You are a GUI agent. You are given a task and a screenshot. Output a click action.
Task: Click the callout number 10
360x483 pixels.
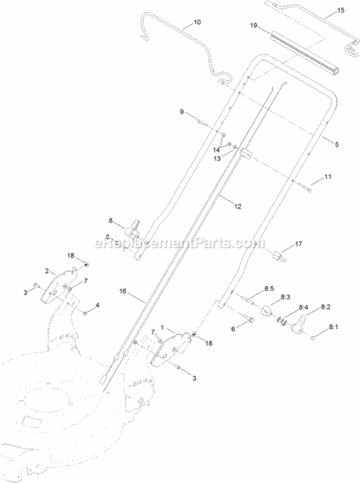pyautogui.click(x=197, y=22)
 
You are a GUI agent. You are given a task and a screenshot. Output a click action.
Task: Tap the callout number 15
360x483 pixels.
pyautogui.click(x=341, y=10)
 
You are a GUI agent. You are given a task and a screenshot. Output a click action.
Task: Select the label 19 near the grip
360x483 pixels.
pyautogui.click(x=254, y=25)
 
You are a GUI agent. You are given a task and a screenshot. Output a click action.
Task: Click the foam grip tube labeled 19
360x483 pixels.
pyautogui.click(x=305, y=55)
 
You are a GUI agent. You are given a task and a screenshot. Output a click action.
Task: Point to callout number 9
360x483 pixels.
pyautogui.click(x=182, y=112)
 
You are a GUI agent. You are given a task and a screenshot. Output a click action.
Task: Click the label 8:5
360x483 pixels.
pyautogui.click(x=269, y=289)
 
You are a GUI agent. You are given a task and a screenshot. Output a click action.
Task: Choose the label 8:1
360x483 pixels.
pyautogui.click(x=333, y=327)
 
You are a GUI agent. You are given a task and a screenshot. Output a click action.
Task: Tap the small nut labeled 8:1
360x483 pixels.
pyautogui.click(x=313, y=338)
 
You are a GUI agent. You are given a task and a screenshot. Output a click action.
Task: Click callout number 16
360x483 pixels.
pyautogui.click(x=123, y=291)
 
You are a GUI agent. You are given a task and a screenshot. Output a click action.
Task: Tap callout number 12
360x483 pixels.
pyautogui.click(x=238, y=206)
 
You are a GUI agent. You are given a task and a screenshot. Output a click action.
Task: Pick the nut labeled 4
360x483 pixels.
pyautogui.click(x=86, y=313)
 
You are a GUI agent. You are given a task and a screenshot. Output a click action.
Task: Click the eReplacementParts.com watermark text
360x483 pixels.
pyautogui.click(x=180, y=243)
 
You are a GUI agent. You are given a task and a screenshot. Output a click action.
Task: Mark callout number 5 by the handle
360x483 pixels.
pyautogui.click(x=337, y=144)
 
